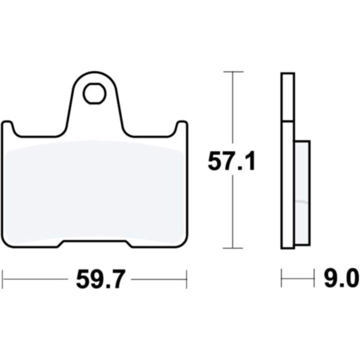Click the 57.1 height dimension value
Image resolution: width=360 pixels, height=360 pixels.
point(231,161)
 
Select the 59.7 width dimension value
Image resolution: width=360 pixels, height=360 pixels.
point(100,279)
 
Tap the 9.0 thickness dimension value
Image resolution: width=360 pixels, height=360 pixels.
point(341,278)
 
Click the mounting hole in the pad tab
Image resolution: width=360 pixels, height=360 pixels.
point(94,94)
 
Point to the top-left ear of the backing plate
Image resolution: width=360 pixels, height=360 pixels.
point(7,125)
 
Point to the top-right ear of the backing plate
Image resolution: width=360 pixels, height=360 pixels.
point(182,125)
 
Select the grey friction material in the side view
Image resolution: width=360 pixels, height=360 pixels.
point(302,193)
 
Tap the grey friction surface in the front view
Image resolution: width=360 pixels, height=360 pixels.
point(95,192)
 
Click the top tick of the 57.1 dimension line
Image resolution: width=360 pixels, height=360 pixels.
point(233,72)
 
